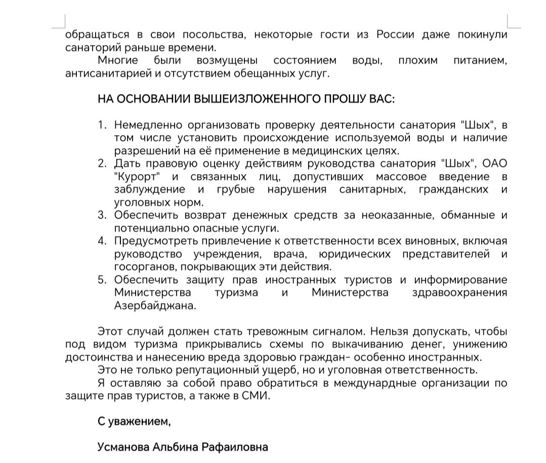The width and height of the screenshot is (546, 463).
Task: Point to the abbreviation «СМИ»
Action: [260, 396]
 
